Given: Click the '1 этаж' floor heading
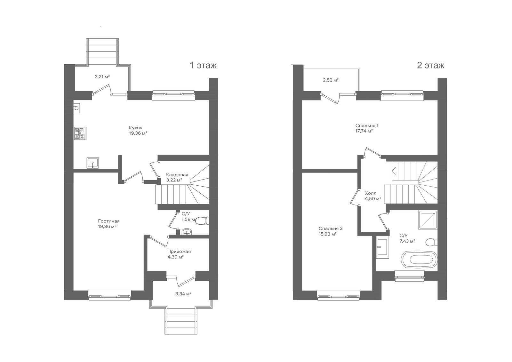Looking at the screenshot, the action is point(203,65).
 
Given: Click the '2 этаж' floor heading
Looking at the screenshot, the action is point(431,65).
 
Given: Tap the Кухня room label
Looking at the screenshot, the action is point(136,128).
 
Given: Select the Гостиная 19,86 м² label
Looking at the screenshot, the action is point(109,224).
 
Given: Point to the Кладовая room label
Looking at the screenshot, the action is point(177,175).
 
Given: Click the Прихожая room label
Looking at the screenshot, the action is point(179,251).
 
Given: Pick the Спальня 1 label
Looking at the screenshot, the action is point(367,125).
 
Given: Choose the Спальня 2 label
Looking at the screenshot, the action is point(331,229).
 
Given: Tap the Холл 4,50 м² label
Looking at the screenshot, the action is point(372,196).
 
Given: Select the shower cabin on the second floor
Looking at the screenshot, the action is point(428,220).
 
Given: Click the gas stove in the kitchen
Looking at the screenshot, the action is point(80,133).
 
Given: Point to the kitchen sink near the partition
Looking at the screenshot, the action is point(92,163).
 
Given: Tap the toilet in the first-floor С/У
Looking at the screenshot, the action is point(202,221).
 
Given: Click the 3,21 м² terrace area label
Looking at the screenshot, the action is point(102,76).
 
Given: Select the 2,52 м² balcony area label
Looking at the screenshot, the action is point(331,80).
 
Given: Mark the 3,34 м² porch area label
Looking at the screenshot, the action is point(183,294).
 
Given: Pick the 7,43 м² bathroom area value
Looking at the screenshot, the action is point(407,241).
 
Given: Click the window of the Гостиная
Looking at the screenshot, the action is point(110,295).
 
